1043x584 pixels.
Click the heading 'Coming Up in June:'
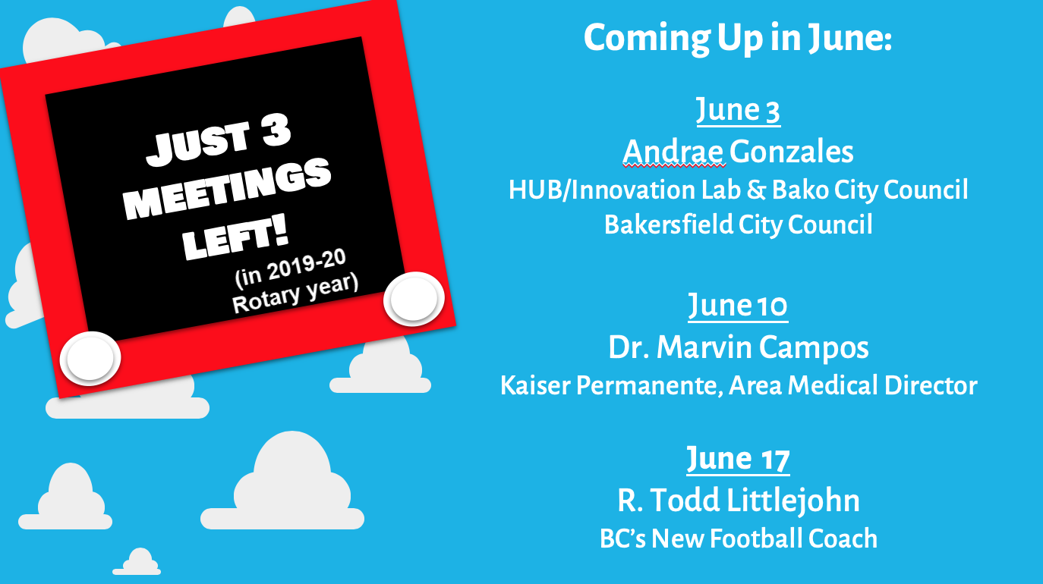pyautogui.click(x=738, y=38)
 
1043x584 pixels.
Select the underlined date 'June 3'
pyautogui.click(x=738, y=111)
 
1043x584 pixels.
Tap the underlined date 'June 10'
pyautogui.click(x=738, y=306)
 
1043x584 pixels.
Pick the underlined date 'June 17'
pyautogui.click(x=738, y=460)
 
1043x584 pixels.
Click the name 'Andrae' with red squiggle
pyautogui.click(x=674, y=152)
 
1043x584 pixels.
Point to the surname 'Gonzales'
pyautogui.click(x=792, y=152)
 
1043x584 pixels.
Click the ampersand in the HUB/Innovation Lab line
pyautogui.click(x=756, y=190)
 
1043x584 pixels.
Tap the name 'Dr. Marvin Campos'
pyautogui.click(x=739, y=347)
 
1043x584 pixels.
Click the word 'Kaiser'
pyautogui.click(x=535, y=386)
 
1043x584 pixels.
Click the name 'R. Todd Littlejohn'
pyautogui.click(x=739, y=501)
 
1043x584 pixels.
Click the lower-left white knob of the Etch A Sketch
pyautogui.click(x=90, y=358)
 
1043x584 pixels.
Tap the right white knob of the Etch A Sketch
pyautogui.click(x=414, y=299)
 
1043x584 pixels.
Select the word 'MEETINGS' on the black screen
pyautogui.click(x=227, y=187)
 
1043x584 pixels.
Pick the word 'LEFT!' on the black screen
pyautogui.click(x=235, y=240)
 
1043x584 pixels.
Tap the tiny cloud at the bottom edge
pyautogui.click(x=137, y=562)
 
